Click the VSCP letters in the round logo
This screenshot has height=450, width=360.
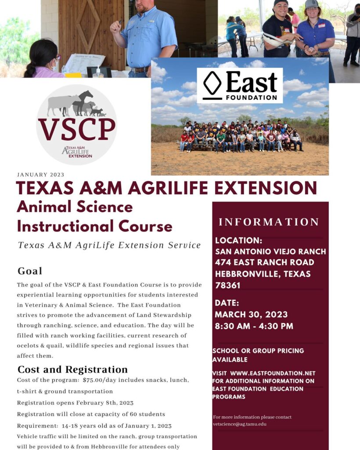tap(76, 128)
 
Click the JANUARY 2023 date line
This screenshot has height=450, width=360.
tap(41, 174)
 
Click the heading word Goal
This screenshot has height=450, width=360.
tap(30, 271)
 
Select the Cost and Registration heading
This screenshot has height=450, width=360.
tap(72, 369)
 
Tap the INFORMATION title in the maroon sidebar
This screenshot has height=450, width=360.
tap(269, 222)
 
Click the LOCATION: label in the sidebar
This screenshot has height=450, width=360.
tap(238, 241)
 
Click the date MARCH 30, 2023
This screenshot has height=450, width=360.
tap(251, 315)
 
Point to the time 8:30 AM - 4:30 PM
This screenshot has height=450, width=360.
tap(254, 326)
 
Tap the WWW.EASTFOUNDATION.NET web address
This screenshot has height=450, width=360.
tap(273, 374)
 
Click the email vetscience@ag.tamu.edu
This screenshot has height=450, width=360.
tap(240, 424)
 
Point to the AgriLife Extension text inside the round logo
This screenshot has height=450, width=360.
tap(77, 152)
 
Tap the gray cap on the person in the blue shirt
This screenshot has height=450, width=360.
tap(311, 4)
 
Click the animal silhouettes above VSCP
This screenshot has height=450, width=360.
tap(77, 105)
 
